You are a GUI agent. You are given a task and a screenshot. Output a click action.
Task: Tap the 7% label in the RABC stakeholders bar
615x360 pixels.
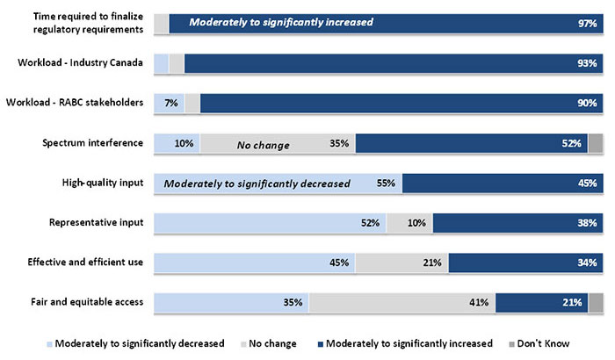[170, 104]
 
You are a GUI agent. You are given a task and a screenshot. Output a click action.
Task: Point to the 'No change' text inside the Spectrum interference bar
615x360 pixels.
[264, 144]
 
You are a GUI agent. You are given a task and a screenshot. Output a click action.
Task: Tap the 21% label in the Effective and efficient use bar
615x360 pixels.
[432, 263]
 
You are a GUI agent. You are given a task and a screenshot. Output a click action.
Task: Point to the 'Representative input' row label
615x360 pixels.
[97, 222]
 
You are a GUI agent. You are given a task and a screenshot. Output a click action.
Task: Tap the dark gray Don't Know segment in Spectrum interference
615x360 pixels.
[596, 143]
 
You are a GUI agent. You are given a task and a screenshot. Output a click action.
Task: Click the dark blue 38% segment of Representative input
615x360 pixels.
[518, 223]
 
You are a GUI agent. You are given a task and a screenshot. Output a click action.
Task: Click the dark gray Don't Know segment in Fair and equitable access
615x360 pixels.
[596, 303]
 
